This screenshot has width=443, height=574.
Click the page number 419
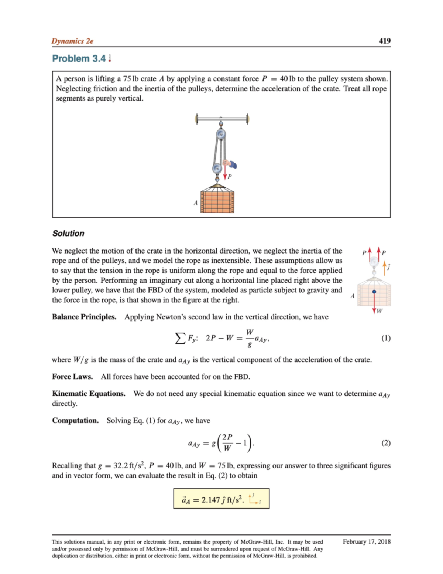[384, 41]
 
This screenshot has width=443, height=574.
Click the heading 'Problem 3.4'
[79, 58]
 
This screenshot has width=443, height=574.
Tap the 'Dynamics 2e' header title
[72, 41]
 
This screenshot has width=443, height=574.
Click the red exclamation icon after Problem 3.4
[110, 58]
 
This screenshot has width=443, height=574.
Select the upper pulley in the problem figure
[221, 134]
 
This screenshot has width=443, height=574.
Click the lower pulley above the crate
[217, 169]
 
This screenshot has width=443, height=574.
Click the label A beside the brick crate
[196, 203]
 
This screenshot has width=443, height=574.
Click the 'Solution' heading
[68, 233]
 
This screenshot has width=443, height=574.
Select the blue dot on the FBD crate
[374, 292]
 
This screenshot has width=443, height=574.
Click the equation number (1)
[385, 338]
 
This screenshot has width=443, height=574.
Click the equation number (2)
[385, 443]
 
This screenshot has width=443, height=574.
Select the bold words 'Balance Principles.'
[84, 317]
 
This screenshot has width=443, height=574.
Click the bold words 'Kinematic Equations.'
[89, 394]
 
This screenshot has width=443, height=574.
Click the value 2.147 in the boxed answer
[210, 500]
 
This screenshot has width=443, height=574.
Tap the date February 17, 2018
[366, 541]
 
